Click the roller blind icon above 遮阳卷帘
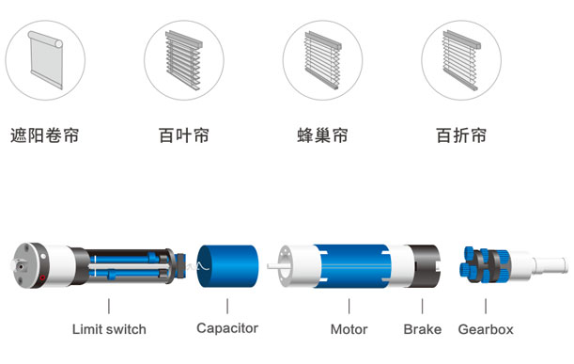45,60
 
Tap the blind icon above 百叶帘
184,60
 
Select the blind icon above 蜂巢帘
322,60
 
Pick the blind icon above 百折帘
461,60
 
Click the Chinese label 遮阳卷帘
45,135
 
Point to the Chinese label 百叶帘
184,135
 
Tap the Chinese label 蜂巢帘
322,135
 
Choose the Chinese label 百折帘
461,135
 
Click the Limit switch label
109,329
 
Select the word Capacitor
227,328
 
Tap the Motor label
349,329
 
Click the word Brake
423,329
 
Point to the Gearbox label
486,329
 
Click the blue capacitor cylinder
227,266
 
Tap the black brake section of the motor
426,266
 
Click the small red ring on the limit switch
42,277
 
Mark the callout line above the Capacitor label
227,306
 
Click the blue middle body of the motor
352,266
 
